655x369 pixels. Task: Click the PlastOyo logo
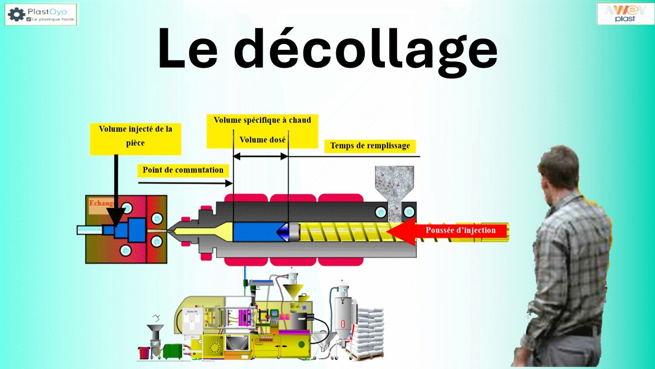pyautogui.click(x=41, y=14)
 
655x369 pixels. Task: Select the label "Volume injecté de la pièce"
pyautogui.click(x=136, y=136)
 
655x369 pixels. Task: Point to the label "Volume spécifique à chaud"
pyautogui.click(x=262, y=120)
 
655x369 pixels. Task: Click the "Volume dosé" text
pyautogui.click(x=263, y=139)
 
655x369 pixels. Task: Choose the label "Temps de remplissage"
pyautogui.click(x=369, y=146)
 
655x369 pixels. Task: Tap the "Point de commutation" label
pyautogui.click(x=183, y=170)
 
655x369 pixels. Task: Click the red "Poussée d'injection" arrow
pyautogui.click(x=450, y=231)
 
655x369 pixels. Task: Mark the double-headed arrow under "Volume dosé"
pyautogui.click(x=261, y=156)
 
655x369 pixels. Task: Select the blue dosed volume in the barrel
pyautogui.click(x=255, y=232)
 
